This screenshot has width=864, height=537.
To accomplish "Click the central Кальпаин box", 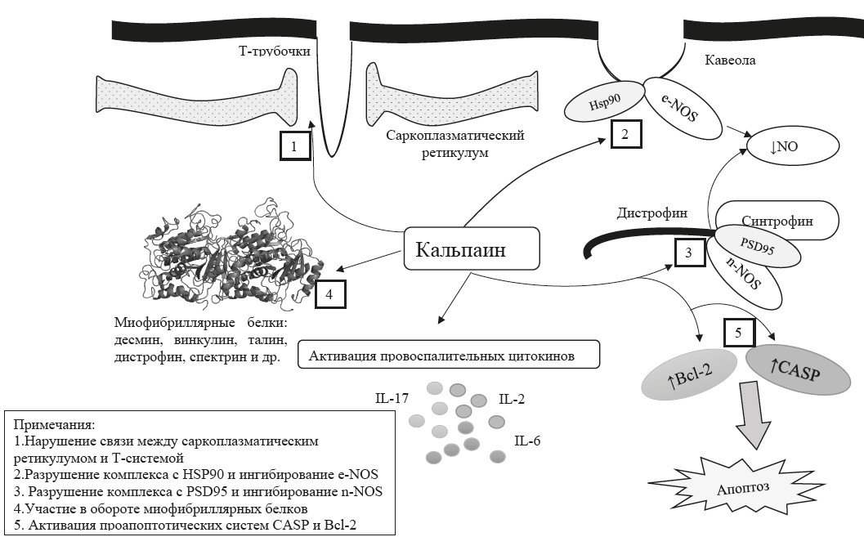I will click(472, 248).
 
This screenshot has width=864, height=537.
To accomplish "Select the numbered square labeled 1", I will click(293, 146).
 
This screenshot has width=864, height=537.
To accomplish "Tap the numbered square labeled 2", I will click(624, 133).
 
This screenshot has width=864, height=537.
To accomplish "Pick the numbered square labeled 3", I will click(689, 253).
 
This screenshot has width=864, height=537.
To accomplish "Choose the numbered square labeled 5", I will click(739, 333).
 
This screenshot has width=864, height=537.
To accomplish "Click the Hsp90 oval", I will click(605, 104).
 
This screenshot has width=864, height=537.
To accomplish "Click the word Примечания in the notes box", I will click(54, 425).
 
